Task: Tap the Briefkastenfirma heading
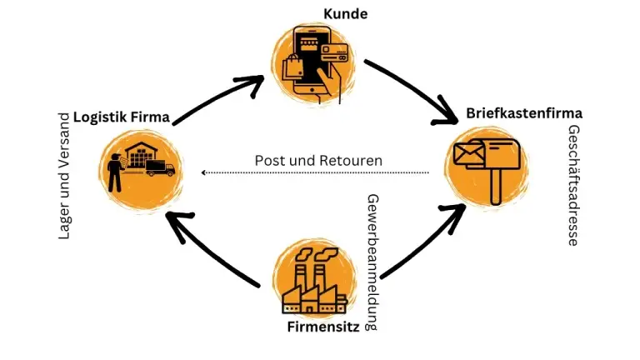[x=524, y=112]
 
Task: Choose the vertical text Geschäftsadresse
[x=573, y=185]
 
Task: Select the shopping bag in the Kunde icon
[x=294, y=69]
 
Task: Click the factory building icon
[x=313, y=281]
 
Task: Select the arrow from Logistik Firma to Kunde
[x=219, y=96]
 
